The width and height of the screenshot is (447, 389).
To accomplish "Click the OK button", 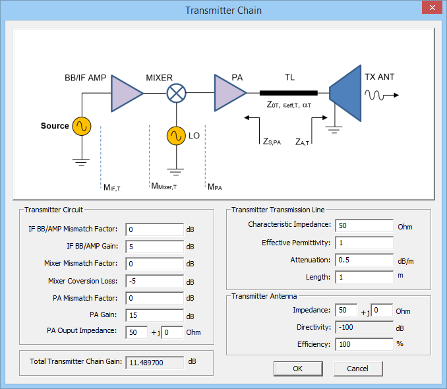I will click(x=298, y=368).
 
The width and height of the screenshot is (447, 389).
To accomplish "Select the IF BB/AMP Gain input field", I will click(x=154, y=247).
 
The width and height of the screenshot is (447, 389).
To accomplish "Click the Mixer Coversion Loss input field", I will click(x=154, y=282).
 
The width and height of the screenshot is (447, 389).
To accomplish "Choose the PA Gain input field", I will click(x=154, y=315).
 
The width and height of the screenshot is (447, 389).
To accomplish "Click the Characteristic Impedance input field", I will click(x=364, y=226).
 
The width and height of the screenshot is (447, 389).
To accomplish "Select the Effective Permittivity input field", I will click(x=364, y=243).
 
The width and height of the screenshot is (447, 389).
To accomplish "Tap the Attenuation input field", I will click(x=364, y=260).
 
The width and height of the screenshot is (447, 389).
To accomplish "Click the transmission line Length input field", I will click(x=364, y=277).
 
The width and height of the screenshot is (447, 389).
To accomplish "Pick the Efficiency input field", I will click(x=364, y=344).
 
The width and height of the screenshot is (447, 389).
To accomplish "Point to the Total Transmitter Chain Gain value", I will click(x=154, y=362).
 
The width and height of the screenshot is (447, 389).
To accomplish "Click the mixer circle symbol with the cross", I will click(x=176, y=93).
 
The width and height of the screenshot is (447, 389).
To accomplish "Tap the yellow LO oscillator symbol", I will click(x=176, y=136).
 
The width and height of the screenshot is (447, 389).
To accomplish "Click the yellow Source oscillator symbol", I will click(x=82, y=126).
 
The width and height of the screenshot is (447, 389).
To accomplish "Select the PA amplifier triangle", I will click(x=228, y=93).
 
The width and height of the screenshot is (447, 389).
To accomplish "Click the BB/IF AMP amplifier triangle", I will click(x=125, y=93).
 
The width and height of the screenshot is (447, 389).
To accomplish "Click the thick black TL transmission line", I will click(x=288, y=93).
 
